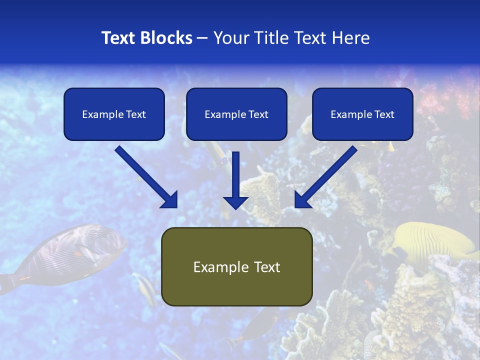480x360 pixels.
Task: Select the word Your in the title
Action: tap(229, 38)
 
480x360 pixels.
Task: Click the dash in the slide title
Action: tap(202, 38)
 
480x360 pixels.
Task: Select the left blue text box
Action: tap(114, 114)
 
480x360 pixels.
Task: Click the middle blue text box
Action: tap(236, 114)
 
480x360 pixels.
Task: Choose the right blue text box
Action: tap(362, 114)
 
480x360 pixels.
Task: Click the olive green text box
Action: tap(236, 266)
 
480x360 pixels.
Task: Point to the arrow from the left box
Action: tap(145, 176)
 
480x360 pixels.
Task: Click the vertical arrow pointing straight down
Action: tap(235, 180)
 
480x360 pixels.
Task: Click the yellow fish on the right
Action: tap(435, 240)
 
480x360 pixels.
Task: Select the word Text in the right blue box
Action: tap(384, 114)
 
